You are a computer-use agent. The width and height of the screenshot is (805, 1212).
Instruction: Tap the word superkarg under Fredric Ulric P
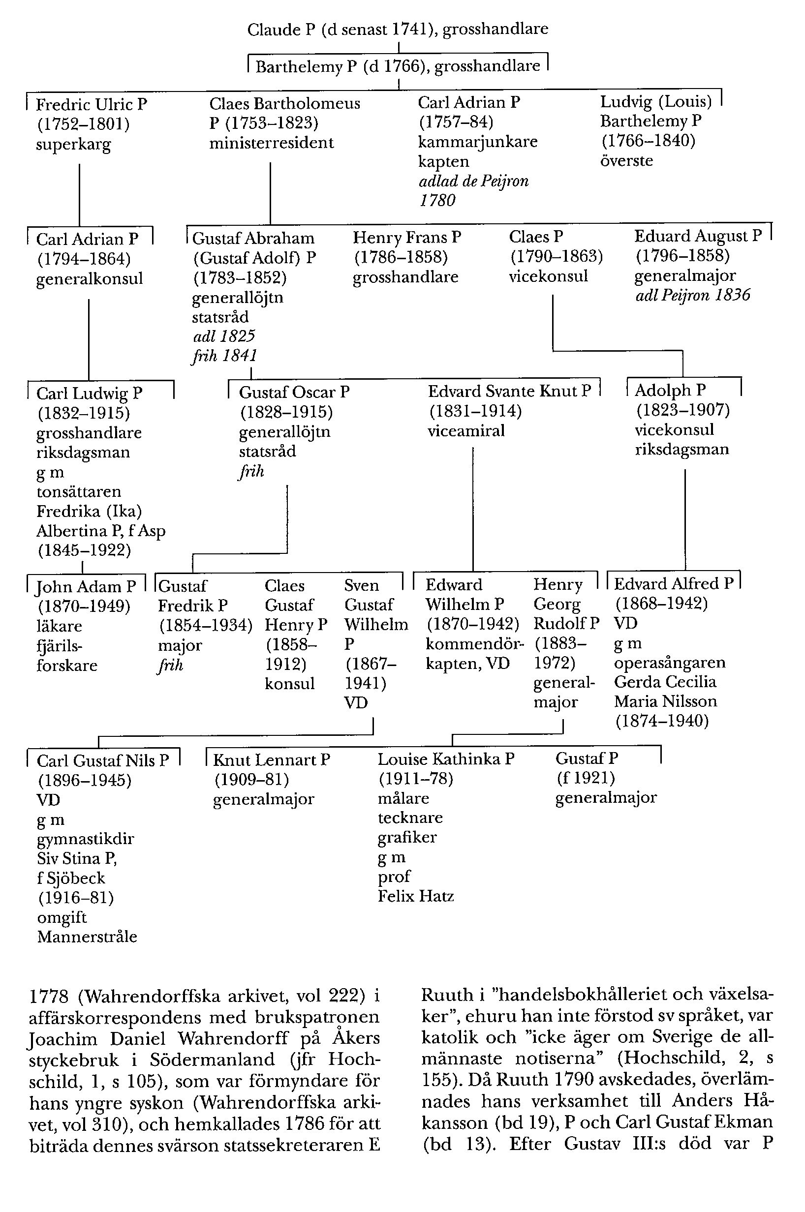(x=73, y=145)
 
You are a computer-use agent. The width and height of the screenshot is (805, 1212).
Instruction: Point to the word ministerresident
(x=271, y=143)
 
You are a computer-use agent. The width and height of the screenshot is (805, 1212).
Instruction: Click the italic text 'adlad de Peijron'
(x=473, y=181)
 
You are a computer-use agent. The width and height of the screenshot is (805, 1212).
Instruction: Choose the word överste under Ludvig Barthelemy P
(x=626, y=161)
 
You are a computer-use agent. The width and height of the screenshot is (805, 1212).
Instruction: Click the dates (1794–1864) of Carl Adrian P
(x=84, y=259)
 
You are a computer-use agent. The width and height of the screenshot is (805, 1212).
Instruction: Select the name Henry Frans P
(x=406, y=238)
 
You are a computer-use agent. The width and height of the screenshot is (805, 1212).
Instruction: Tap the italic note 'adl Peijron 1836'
(x=693, y=295)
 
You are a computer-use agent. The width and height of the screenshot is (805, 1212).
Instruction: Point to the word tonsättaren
(x=79, y=492)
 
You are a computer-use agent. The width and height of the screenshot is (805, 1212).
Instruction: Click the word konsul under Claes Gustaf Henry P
(x=289, y=684)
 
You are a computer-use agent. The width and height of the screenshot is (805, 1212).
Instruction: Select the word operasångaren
(x=670, y=663)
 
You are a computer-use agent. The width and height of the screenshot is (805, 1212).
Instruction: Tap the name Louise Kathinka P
(x=446, y=759)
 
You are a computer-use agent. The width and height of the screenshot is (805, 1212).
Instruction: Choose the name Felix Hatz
(x=415, y=896)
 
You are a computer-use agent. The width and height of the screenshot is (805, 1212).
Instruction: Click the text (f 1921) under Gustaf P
(x=585, y=779)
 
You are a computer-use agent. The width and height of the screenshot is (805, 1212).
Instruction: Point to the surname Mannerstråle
(x=87, y=937)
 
